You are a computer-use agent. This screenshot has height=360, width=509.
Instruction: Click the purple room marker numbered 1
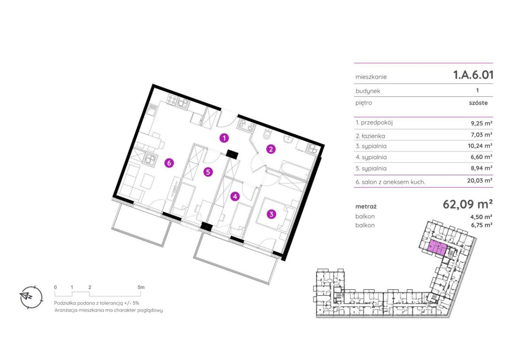(x=224, y=138)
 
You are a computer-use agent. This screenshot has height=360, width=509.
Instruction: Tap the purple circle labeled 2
(x=271, y=149)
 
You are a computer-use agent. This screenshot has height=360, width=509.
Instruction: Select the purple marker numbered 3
(x=271, y=214)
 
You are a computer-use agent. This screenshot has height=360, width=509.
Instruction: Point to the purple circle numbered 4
(x=235, y=196)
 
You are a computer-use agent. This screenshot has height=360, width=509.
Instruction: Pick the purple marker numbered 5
(x=208, y=172)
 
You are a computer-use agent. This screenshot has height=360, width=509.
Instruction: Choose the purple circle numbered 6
(x=169, y=163)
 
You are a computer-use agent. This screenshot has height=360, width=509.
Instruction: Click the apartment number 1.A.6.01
(x=473, y=75)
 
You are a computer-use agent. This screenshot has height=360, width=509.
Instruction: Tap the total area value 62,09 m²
(x=467, y=204)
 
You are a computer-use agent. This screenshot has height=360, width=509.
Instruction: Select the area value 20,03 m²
(x=480, y=181)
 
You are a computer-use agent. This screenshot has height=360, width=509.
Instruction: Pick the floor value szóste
(x=478, y=103)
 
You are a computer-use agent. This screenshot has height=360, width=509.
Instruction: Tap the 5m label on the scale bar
(x=141, y=287)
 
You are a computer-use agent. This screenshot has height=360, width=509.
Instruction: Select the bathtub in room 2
(x=294, y=170)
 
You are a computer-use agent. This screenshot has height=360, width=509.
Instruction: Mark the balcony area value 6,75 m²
(x=481, y=225)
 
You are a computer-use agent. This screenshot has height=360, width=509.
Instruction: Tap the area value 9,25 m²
(x=481, y=123)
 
